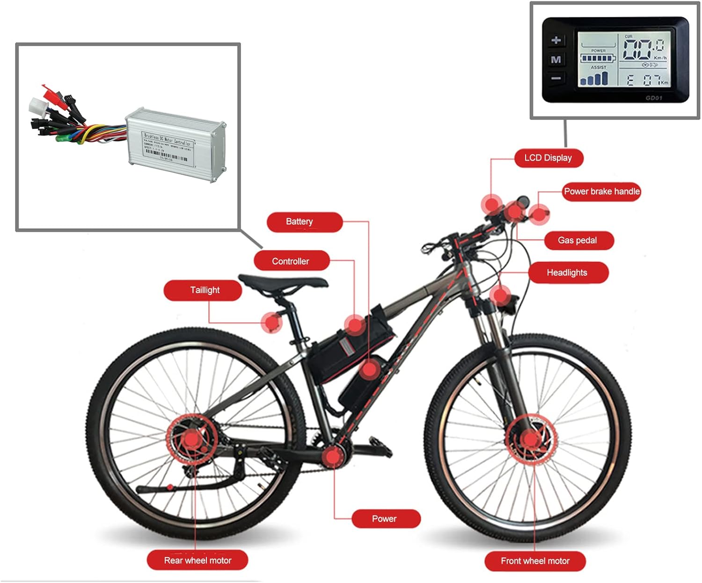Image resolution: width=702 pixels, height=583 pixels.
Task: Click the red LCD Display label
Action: click(548, 158)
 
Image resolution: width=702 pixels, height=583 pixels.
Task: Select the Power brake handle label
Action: click(601, 192)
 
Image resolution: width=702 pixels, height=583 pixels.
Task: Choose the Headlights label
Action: click(567, 273)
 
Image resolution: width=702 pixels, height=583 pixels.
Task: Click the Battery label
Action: click(300, 221)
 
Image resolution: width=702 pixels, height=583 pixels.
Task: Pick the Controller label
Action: click(291, 261)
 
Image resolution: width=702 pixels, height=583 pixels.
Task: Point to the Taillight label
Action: click(205, 290)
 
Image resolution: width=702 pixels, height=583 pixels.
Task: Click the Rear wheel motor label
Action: click(197, 561)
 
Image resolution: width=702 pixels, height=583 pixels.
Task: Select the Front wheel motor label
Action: click(535, 561)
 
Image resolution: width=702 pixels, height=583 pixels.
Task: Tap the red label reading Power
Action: click(384, 519)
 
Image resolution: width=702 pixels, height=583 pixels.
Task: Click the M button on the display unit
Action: click(556, 59)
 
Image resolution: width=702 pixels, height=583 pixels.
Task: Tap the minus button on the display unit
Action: click(556, 78)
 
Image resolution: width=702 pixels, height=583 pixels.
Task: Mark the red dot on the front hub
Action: click(530, 440)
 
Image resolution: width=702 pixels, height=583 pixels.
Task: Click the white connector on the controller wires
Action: click(37, 106)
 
